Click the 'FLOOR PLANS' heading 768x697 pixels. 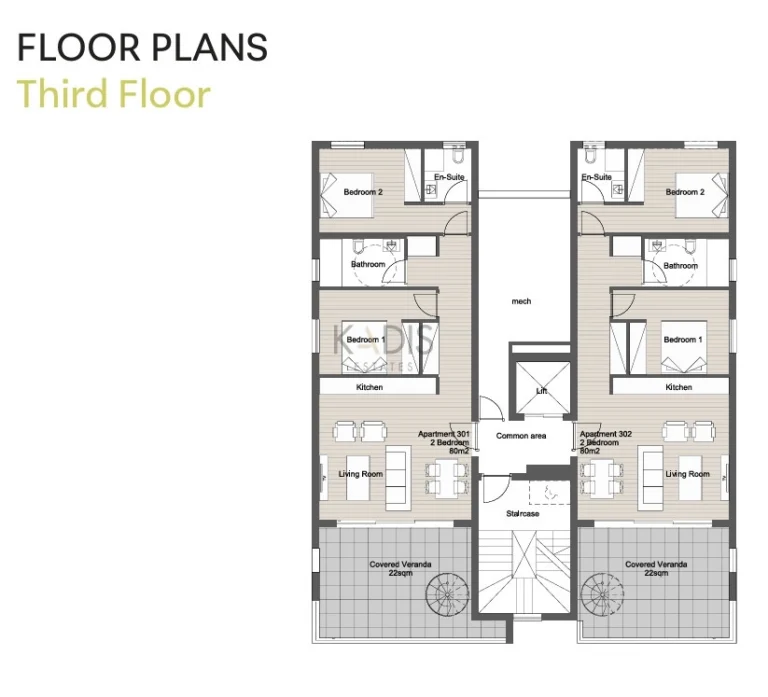(x=143, y=47)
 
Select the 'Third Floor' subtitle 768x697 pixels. (x=114, y=94)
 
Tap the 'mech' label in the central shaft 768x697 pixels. (x=521, y=301)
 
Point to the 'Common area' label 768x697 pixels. (x=521, y=436)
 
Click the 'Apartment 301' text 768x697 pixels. (x=444, y=434)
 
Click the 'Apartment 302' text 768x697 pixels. (x=598, y=434)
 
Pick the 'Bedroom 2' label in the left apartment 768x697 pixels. (x=363, y=192)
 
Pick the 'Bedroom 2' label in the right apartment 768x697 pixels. (x=685, y=192)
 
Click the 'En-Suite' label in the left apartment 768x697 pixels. (x=449, y=178)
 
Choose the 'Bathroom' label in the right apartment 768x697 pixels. (x=681, y=265)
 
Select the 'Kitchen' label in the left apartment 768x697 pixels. (x=370, y=387)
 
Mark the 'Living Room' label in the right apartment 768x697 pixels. (x=688, y=474)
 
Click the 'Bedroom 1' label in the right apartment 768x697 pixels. (x=682, y=340)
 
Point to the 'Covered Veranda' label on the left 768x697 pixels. (x=400, y=565)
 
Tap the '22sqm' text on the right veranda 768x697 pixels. (x=656, y=574)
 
